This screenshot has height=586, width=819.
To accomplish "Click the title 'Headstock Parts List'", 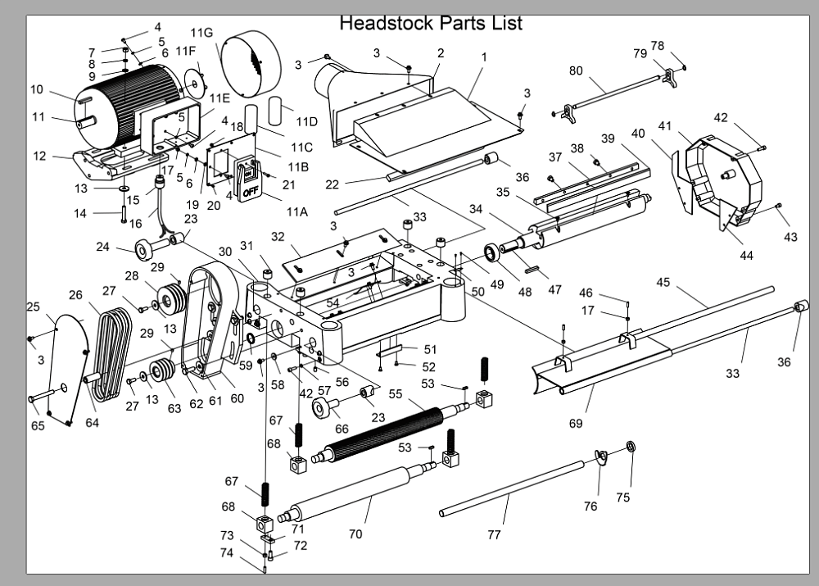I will [431, 22].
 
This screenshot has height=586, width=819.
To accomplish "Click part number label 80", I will [576, 70].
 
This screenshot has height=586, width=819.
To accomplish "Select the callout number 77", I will [494, 534].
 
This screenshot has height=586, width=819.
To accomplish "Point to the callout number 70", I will [355, 534].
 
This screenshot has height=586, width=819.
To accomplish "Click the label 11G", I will [201, 33].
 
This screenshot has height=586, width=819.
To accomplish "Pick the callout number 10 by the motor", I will [37, 89].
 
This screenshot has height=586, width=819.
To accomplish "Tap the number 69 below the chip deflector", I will [576, 423].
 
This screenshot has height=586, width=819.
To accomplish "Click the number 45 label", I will [663, 283].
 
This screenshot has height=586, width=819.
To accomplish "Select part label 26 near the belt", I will [76, 295].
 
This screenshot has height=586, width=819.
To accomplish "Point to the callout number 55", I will [395, 394].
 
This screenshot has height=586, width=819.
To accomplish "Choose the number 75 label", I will [623, 497].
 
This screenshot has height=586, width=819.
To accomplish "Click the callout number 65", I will [38, 425].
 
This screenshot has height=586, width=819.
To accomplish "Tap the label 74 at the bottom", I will [227, 552].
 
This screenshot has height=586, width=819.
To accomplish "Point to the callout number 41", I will [665, 126].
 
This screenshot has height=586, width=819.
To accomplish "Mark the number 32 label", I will [278, 237].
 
